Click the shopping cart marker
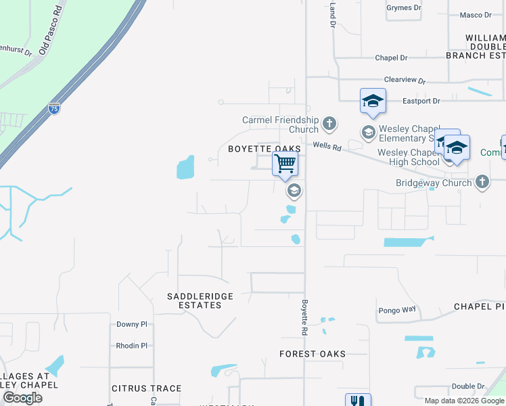coord(285,164)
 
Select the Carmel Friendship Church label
coord(281,125)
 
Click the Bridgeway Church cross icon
coord(482,182)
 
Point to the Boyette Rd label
coord(305,317)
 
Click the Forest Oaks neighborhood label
coord(313,354)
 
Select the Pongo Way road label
coord(396,309)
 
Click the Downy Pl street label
coord(131,325)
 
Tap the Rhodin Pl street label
coord(131,346)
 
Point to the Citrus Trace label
coord(146,388)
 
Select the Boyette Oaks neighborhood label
coord(264,149)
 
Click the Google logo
coord(22,398)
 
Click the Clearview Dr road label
coord(405,80)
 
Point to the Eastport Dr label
coord(421,101)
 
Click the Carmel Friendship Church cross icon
coord(329,123)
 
